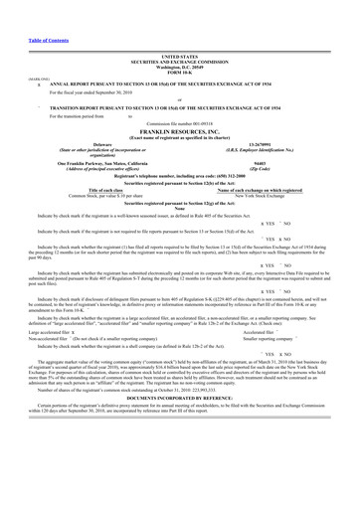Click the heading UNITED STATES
tap(179, 59)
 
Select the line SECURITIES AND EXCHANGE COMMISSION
tap(179, 64)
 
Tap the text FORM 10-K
tap(179, 74)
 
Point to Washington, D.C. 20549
tap(179, 69)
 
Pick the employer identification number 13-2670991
tap(269, 144)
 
